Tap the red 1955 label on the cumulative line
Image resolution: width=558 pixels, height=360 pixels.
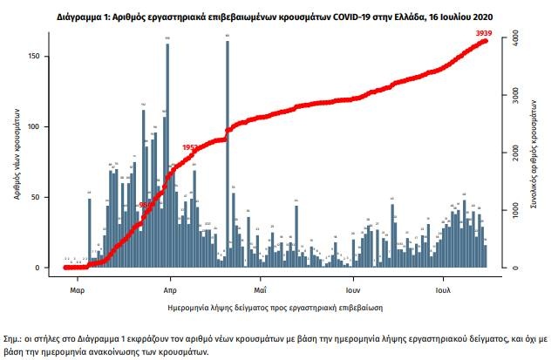(190, 147)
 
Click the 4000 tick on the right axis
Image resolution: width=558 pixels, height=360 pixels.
(514, 39)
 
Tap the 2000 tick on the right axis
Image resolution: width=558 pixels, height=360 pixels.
(514, 153)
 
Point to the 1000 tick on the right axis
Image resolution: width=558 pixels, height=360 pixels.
(514, 210)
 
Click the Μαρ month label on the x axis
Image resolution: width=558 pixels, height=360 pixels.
(77, 288)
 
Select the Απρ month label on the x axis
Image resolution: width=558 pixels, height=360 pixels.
(171, 288)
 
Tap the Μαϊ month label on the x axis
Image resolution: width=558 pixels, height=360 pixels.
(260, 288)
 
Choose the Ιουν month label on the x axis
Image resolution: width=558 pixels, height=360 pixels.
(352, 288)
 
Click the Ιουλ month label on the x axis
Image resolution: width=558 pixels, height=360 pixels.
(443, 288)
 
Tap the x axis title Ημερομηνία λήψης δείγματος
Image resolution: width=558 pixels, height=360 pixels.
(276, 308)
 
